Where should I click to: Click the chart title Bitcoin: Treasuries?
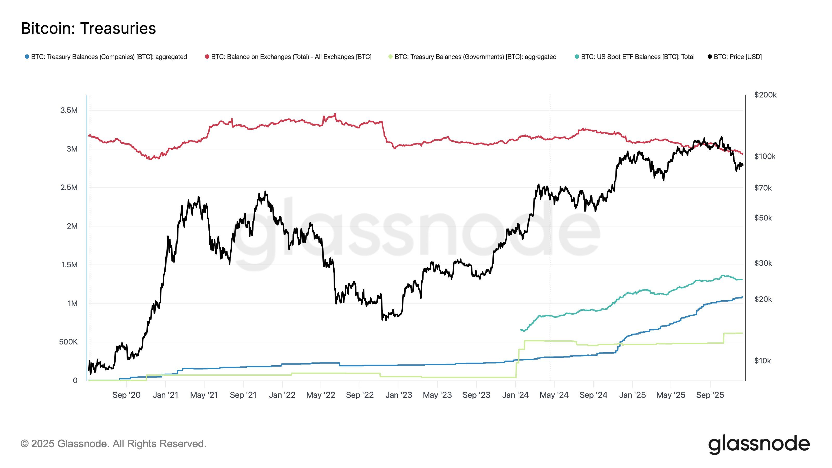[x=88, y=28]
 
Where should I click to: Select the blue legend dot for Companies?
[x=27, y=57]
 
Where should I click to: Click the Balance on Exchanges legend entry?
[x=291, y=57]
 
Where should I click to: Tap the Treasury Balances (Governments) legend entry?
[x=475, y=57]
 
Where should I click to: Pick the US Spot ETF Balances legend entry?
[x=637, y=57]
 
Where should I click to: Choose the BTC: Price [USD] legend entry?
[x=737, y=57]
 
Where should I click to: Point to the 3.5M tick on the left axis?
[x=69, y=110]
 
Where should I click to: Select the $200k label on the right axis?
[x=765, y=95]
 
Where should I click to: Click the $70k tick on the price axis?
[x=763, y=188]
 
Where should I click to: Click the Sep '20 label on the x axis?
[x=126, y=395]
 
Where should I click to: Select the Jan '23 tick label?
[x=399, y=395]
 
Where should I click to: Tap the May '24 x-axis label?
[x=554, y=395]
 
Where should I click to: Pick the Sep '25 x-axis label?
[x=710, y=395]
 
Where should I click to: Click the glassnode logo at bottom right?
[x=759, y=445]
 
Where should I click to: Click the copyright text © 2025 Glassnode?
[x=113, y=444]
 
